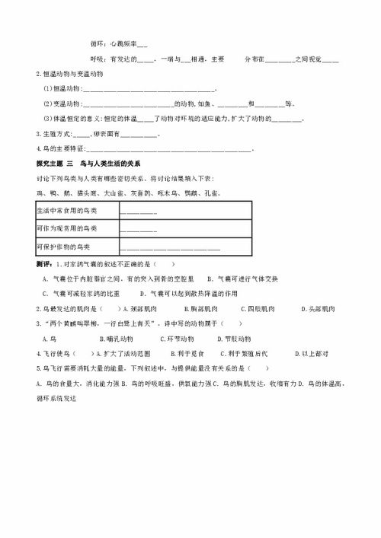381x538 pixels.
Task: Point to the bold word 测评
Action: click(44, 263)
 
